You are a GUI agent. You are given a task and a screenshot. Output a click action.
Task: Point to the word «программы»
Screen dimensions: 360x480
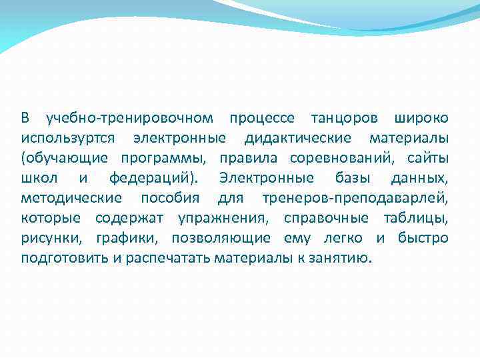tap(161, 159)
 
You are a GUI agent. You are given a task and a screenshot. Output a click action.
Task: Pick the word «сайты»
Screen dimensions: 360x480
tap(428, 159)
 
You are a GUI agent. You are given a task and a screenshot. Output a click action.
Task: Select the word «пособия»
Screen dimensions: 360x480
tap(169, 199)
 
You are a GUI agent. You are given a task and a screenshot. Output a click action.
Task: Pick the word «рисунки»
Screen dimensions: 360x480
tap(49, 239)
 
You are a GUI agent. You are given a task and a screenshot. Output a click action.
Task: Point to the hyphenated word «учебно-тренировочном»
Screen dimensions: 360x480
tap(129, 119)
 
